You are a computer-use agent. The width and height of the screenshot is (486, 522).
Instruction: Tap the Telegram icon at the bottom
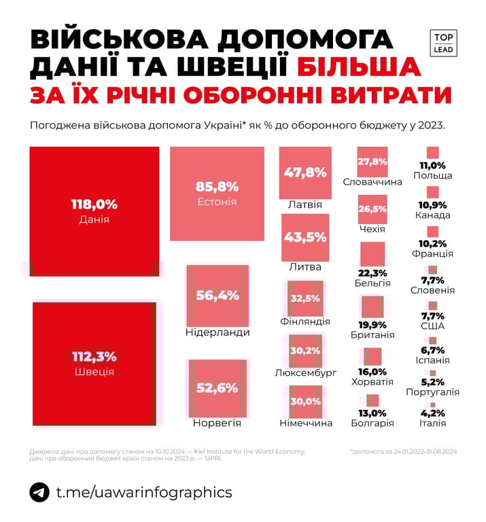click(x=40, y=492)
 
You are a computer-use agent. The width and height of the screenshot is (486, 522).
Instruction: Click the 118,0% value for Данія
click(x=94, y=204)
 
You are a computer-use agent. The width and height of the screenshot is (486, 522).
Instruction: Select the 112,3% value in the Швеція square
click(x=94, y=357)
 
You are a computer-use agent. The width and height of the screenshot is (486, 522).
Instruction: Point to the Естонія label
click(x=217, y=202)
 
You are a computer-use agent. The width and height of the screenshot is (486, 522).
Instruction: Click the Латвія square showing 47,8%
click(x=305, y=173)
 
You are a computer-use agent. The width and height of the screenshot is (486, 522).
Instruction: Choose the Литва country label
click(x=305, y=266)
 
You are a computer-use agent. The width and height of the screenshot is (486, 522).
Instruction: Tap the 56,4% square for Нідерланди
click(x=217, y=295)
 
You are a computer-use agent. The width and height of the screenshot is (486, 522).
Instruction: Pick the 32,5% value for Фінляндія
click(x=305, y=298)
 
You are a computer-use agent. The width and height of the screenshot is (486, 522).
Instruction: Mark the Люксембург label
click(x=306, y=373)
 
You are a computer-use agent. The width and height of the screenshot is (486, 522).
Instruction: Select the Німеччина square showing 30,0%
click(x=305, y=401)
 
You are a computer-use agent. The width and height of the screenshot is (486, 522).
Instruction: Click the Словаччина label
click(x=372, y=182)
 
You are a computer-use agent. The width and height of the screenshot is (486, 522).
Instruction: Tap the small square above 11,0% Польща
click(x=432, y=154)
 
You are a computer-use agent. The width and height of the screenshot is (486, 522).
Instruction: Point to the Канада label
click(x=432, y=215)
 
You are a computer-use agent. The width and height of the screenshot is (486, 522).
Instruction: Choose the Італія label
click(x=432, y=423)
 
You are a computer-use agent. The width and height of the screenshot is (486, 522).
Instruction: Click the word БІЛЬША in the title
click(x=357, y=67)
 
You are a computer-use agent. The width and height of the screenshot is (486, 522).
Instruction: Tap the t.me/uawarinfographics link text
click(x=143, y=492)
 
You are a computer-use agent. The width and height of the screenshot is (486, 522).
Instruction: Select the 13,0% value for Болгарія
click(x=372, y=413)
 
